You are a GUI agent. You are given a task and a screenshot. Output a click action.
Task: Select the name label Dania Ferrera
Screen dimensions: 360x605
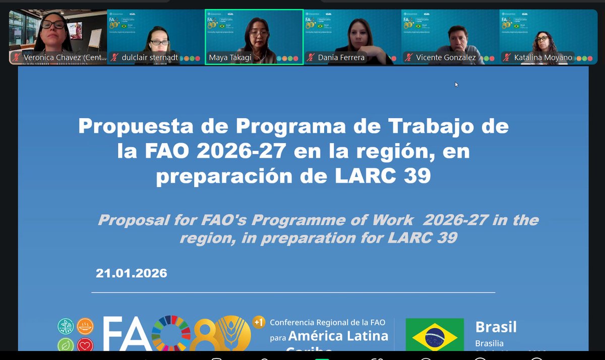pyautogui.click(x=341, y=57)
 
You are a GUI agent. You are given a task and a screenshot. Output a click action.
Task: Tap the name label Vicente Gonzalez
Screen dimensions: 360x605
pyautogui.click(x=446, y=57)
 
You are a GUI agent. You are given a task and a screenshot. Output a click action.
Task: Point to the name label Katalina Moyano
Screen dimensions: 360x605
pyautogui.click(x=543, y=57)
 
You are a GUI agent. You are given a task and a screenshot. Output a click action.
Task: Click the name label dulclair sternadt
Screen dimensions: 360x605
pyautogui.click(x=150, y=57)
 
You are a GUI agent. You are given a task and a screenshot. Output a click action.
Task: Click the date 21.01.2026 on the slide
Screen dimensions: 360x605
pyautogui.click(x=131, y=273)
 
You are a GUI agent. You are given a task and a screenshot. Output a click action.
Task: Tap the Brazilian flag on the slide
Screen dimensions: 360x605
pyautogui.click(x=435, y=335)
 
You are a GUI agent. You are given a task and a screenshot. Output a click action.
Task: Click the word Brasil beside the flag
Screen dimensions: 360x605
pyautogui.click(x=496, y=327)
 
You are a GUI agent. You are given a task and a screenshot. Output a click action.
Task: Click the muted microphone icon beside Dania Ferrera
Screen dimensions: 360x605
pyautogui.click(x=311, y=57)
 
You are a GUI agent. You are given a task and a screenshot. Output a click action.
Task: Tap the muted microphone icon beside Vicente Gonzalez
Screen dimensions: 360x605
pyautogui.click(x=409, y=57)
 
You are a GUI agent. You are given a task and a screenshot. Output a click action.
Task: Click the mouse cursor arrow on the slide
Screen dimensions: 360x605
pyautogui.click(x=456, y=84)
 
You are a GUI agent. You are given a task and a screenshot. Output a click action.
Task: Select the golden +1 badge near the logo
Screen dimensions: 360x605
pyautogui.click(x=259, y=322)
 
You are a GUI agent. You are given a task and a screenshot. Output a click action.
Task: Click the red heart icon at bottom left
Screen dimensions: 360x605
pyautogui.click(x=85, y=345)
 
